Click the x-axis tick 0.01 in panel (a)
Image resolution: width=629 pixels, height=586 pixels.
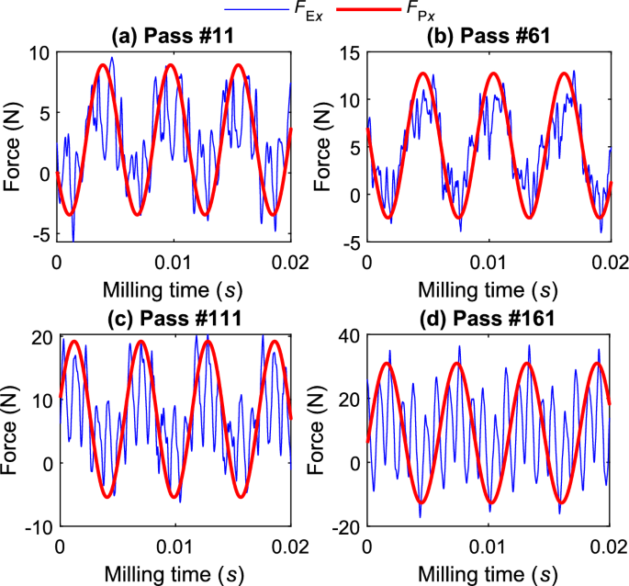coord(174,262)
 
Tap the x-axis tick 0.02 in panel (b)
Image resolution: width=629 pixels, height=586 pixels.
coord(606,262)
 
